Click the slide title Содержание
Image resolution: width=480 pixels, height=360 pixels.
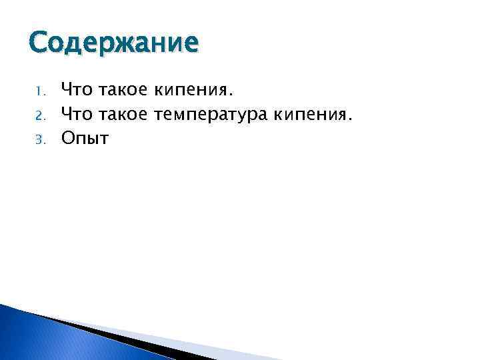point(113,43)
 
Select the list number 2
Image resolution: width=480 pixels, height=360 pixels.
point(39,115)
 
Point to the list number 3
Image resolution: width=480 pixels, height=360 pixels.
point(39,140)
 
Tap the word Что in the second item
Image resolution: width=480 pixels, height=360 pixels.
point(77,113)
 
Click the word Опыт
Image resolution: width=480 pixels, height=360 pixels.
point(85,138)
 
